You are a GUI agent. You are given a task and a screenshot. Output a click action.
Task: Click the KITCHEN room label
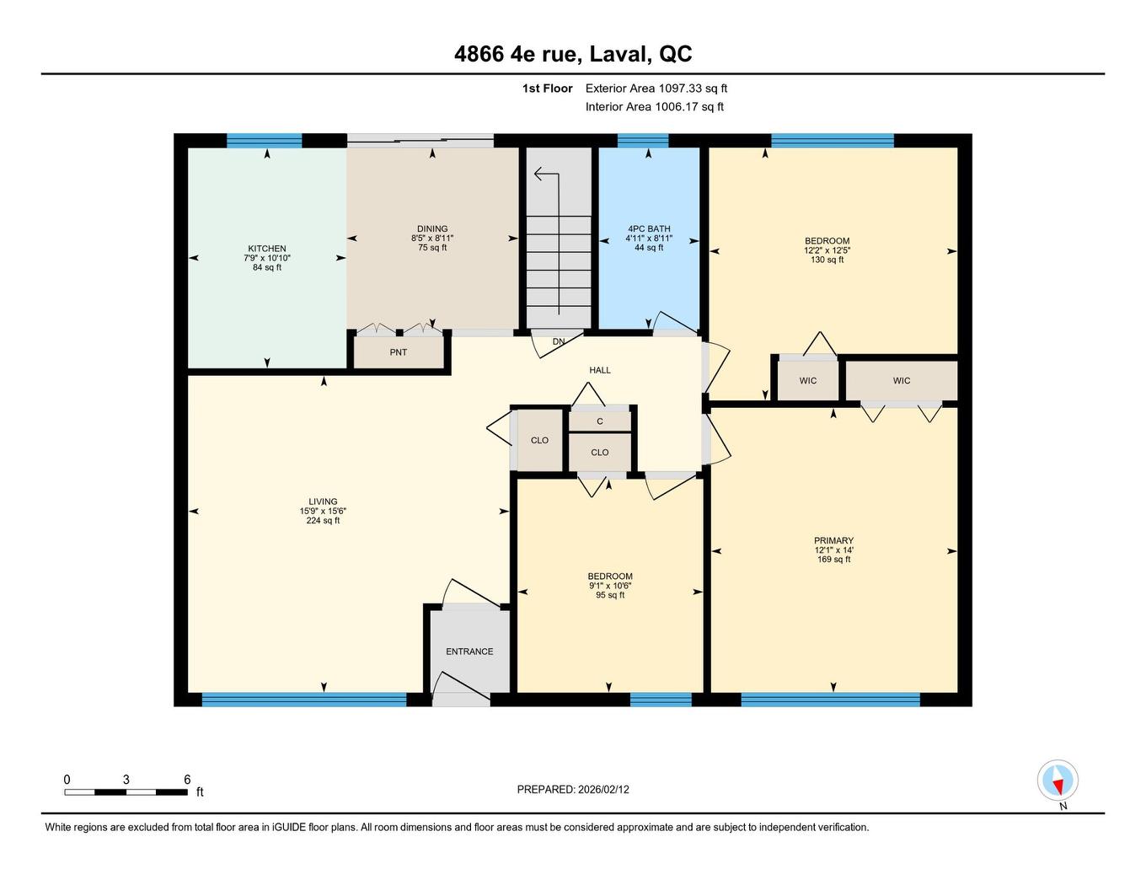(266, 249)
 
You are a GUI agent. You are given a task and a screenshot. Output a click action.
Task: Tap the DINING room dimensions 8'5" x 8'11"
(432, 239)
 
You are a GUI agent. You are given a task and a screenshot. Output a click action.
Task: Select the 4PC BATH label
(649, 228)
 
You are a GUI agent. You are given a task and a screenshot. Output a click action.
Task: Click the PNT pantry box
(399, 352)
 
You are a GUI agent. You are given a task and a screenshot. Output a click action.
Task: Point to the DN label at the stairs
(559, 341)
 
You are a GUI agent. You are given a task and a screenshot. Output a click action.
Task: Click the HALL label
(600, 370)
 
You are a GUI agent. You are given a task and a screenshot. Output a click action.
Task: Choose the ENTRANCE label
(469, 652)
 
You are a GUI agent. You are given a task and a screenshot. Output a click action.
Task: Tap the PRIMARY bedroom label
(833, 541)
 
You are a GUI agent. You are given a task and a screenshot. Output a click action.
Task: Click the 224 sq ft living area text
(323, 521)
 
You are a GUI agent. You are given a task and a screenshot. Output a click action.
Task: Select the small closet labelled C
(600, 421)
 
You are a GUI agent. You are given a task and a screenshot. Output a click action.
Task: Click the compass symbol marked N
(1058, 781)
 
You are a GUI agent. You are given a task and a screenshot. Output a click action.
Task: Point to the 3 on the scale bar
(126, 780)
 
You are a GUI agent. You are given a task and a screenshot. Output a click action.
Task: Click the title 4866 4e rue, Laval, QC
(573, 54)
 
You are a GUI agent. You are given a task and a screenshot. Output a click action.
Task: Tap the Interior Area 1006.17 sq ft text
(655, 107)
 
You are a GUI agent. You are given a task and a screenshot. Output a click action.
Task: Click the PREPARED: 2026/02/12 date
(573, 790)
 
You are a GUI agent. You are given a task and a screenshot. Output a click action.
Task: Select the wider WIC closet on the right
(902, 381)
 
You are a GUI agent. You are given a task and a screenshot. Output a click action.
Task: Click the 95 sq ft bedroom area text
(610, 595)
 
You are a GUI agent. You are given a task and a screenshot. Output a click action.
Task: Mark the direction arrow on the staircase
(546, 175)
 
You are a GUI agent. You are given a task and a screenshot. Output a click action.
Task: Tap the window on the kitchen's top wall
(264, 140)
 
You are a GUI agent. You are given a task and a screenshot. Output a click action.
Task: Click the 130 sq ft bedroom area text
(827, 260)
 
